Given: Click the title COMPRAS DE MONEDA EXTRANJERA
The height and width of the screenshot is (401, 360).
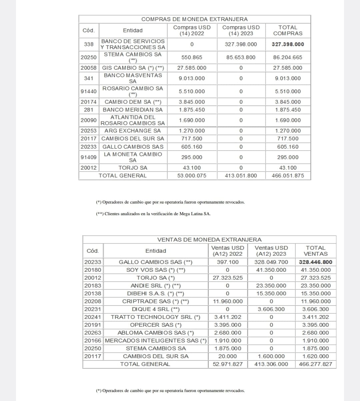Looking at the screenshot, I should click(194, 19).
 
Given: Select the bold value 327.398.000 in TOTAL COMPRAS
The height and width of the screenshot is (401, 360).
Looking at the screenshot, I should click(288, 44).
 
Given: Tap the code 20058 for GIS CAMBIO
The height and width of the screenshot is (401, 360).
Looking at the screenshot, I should click(89, 68).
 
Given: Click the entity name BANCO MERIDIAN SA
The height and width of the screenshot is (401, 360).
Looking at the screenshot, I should click(133, 110).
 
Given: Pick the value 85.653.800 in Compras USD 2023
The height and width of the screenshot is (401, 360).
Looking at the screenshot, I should click(241, 57).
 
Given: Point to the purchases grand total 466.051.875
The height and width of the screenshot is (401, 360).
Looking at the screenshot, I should click(288, 176).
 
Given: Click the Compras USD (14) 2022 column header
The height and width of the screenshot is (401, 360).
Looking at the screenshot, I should click(192, 30).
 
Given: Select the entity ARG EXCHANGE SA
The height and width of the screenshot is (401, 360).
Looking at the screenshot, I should click(133, 131).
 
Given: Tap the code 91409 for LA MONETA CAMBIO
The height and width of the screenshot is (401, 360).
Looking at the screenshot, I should click(89, 157).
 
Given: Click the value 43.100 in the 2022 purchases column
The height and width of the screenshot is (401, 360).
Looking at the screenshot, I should click(192, 168).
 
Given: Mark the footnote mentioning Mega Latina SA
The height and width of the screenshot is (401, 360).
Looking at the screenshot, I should click(153, 214).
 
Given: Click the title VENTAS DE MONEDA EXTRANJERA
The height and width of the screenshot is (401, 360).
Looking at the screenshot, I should click(209, 239).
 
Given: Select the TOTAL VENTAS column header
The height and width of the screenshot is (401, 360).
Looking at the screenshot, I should click(315, 251).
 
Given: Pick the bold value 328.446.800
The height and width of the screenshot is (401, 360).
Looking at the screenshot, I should click(315, 262).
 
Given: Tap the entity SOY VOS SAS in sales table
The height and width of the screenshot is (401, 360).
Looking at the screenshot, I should click(156, 270).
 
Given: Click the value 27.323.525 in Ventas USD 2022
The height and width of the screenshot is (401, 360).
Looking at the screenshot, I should click(228, 278).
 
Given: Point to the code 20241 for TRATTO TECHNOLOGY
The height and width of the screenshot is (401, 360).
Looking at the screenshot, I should click(93, 317).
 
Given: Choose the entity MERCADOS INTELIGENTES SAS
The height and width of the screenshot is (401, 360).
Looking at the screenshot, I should click(156, 341).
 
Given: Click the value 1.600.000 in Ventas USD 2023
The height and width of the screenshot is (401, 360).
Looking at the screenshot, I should click(271, 356).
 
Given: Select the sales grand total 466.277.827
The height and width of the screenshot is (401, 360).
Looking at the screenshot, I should click(315, 364).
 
